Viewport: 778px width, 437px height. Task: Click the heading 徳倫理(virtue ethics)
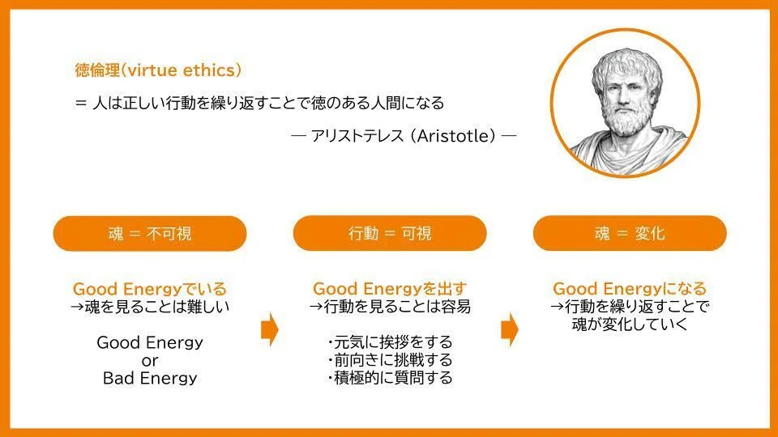[x=158, y=70]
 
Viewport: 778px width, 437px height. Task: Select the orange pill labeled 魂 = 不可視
[x=150, y=233]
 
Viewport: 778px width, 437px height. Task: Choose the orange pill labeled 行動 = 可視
[x=390, y=233]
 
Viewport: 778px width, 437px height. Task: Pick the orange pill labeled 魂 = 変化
[x=630, y=233]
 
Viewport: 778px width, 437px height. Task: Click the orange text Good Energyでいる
[x=150, y=289]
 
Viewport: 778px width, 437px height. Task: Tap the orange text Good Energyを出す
[x=390, y=288]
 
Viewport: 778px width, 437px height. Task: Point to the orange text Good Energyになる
[x=630, y=288]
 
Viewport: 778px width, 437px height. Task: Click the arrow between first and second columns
[x=269, y=329]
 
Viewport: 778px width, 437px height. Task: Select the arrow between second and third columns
[x=510, y=329]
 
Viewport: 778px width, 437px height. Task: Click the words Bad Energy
[x=150, y=378]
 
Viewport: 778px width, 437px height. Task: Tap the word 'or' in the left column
[x=150, y=361]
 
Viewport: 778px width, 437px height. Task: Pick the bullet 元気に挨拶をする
[x=390, y=342]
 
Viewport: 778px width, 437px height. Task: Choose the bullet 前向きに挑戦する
[x=390, y=359]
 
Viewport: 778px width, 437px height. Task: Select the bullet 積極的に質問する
[x=390, y=378]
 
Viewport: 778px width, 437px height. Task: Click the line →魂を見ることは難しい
[x=150, y=307]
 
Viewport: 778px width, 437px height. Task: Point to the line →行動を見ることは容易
[x=390, y=307]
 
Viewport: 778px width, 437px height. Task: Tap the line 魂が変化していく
[x=630, y=325]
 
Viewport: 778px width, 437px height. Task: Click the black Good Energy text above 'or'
[x=150, y=342]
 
